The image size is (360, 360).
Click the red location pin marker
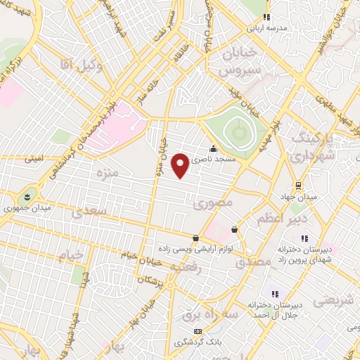(180, 165)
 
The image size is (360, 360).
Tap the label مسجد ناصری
(233, 160)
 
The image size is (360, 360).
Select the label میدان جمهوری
(25, 209)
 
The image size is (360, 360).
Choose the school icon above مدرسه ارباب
(266, 17)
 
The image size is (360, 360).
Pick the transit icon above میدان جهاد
(299, 186)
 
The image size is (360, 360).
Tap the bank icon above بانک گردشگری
(198, 330)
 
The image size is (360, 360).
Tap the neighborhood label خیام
(70, 255)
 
